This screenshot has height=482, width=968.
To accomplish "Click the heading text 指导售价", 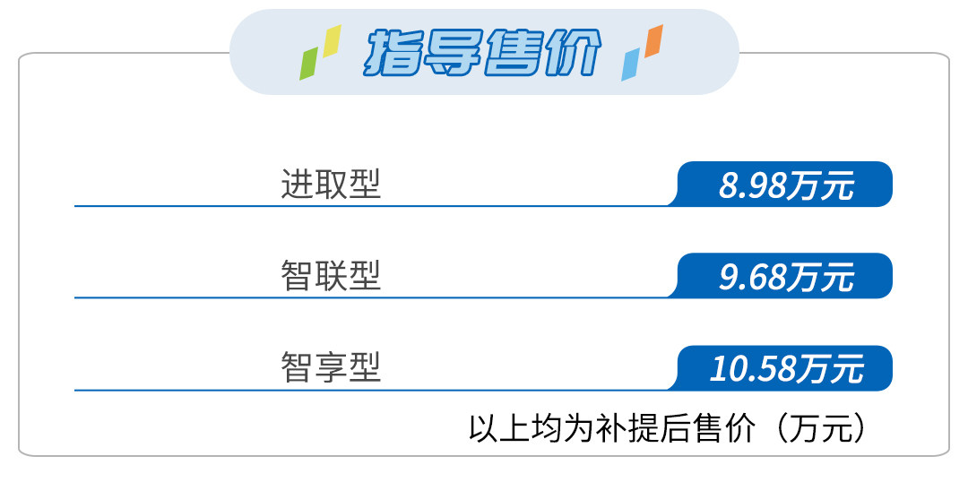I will coord(483,53).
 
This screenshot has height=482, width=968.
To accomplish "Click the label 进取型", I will coord(331,185).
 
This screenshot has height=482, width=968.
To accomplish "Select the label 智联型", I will coord(331,276).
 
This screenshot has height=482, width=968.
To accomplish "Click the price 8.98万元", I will coord(786,185).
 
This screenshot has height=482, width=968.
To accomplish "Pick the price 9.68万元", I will coord(786,277).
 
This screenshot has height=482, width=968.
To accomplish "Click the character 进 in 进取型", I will coord(298,185).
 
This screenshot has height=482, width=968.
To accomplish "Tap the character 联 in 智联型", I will coord(331,276).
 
